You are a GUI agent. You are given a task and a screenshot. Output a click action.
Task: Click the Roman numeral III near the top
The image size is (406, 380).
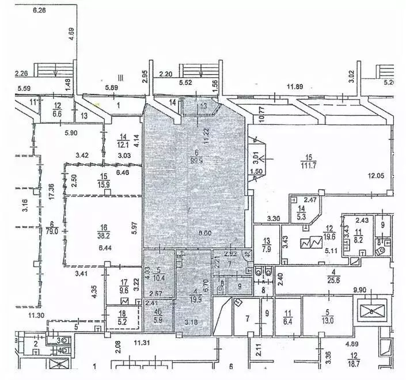(x=120, y=77)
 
